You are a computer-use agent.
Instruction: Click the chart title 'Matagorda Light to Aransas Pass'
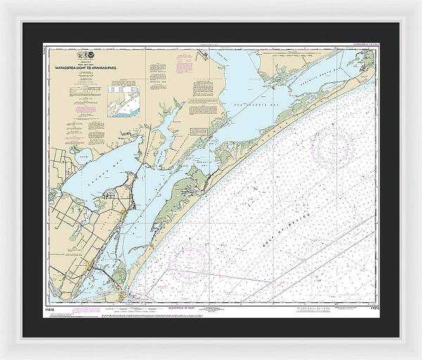tap(94, 67)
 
